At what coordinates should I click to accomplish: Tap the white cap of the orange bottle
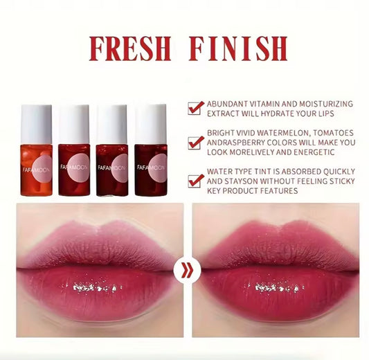(37, 123)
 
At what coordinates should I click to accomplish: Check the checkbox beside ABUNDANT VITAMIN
(196, 107)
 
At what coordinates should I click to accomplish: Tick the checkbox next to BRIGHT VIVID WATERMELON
(196, 143)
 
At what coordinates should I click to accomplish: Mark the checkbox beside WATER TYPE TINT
(196, 179)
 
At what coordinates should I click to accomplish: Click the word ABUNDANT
(231, 104)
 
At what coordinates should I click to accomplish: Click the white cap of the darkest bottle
(150, 123)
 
